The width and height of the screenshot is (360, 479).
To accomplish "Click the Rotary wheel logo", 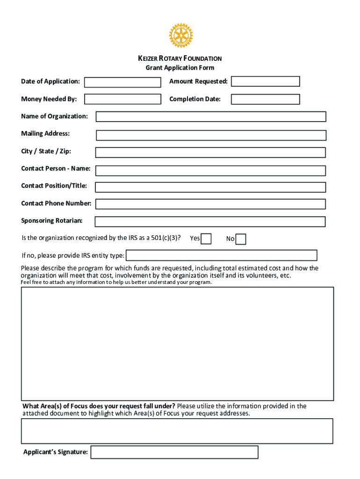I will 180,36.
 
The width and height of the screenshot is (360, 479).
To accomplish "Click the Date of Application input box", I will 122,82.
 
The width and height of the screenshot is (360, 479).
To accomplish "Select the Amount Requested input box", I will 265,81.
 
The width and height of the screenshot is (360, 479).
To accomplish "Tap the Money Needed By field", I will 122,99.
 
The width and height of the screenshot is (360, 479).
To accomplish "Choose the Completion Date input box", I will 265,99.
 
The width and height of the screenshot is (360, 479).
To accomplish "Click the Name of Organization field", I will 211,116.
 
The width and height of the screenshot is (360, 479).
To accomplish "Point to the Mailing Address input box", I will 211,135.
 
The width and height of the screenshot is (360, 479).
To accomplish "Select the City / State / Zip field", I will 210,152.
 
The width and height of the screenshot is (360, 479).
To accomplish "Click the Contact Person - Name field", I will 210,170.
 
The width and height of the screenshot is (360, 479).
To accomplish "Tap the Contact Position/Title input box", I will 210,187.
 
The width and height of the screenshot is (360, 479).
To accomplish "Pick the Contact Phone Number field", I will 210,204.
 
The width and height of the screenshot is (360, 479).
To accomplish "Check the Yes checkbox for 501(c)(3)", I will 206,239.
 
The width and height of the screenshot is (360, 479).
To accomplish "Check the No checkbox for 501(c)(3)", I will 241,239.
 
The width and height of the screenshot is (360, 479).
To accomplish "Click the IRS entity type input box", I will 222,255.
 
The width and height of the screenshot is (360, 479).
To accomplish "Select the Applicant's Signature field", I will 174,452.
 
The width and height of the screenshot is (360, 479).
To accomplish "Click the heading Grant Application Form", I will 180,68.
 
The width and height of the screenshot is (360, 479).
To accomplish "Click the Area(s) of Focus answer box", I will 177,431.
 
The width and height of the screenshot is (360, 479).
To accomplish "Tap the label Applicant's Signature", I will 55,452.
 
